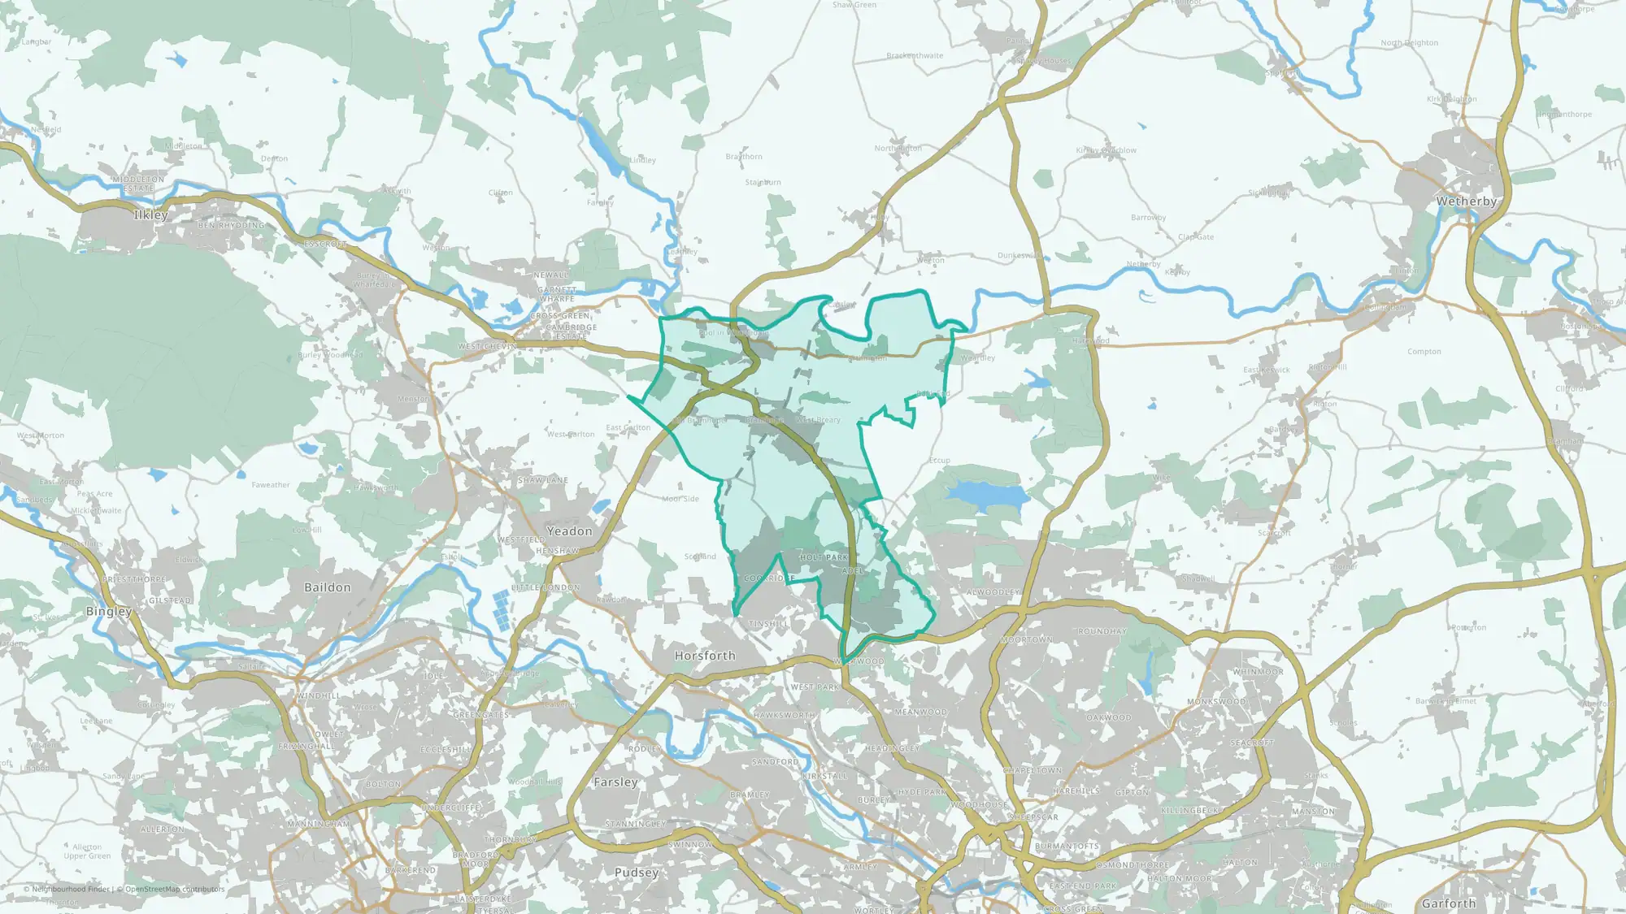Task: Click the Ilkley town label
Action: [x=150, y=215]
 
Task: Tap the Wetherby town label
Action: [x=1466, y=201]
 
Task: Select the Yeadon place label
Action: [x=569, y=531]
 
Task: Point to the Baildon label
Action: [x=328, y=587]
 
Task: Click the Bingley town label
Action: [x=109, y=611]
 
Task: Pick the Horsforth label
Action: [x=705, y=656]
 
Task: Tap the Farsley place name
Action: [x=615, y=782]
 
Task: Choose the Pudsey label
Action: [x=637, y=873]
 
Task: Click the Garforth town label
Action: [x=1449, y=903]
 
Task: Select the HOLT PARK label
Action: [x=824, y=557]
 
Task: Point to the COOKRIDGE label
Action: [x=769, y=578]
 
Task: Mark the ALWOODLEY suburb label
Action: [x=993, y=592]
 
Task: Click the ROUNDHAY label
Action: [x=1102, y=631]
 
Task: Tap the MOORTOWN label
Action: [x=1027, y=640]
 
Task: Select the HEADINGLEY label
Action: [x=892, y=748]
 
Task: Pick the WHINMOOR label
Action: [x=1258, y=672]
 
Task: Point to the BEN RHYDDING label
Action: [x=232, y=226]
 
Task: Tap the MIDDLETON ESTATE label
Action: [x=138, y=184]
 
